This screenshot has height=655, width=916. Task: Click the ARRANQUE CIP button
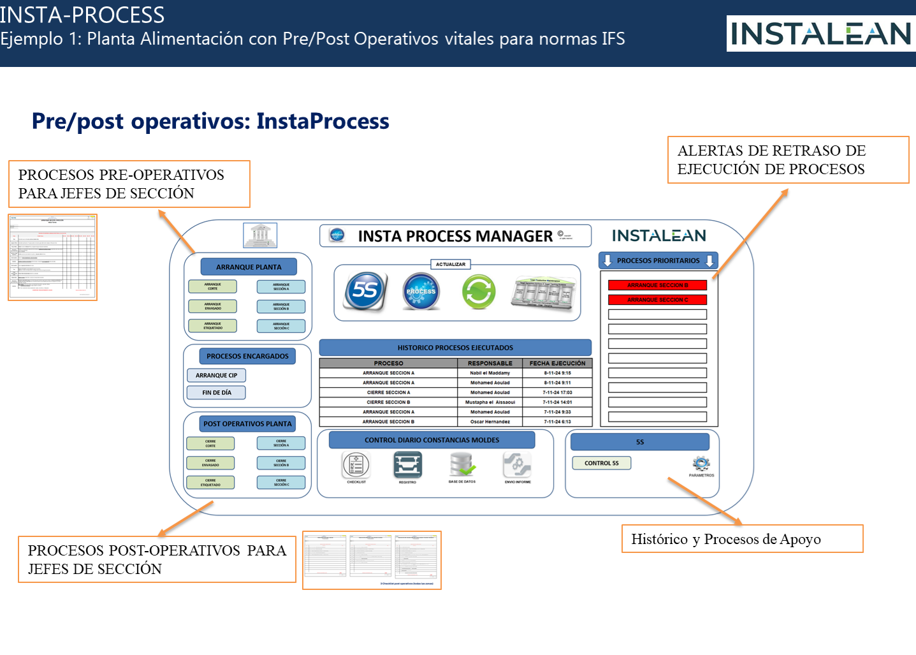click(216, 376)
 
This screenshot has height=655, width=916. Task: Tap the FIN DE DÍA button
click(216, 393)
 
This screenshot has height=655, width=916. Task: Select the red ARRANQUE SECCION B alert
click(657, 285)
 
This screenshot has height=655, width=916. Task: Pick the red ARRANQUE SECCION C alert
click(657, 300)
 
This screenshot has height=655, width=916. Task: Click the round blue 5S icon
click(366, 291)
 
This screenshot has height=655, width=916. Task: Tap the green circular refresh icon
click(479, 291)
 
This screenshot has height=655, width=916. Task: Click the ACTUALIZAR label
click(451, 264)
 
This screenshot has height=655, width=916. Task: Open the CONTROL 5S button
click(601, 463)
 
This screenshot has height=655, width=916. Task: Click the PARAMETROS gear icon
click(701, 464)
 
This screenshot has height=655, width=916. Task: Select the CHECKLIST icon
click(356, 465)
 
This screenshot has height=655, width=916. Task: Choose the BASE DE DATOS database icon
click(462, 465)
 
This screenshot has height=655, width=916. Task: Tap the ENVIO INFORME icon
click(517, 465)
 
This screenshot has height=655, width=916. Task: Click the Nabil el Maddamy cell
click(490, 373)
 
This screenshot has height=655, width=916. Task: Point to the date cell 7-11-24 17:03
click(557, 393)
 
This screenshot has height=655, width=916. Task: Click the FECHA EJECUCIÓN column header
click(557, 364)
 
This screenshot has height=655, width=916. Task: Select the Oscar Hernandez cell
click(490, 422)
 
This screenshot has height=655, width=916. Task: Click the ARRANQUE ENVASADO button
click(212, 306)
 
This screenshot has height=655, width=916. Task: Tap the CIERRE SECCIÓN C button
click(281, 482)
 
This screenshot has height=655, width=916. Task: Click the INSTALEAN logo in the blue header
click(820, 34)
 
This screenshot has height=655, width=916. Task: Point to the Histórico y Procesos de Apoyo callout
click(742, 539)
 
